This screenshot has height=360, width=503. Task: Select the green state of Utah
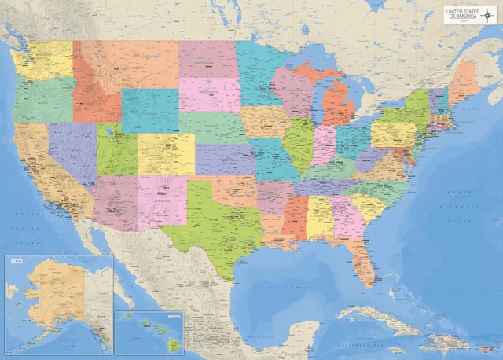click(x=116, y=149)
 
